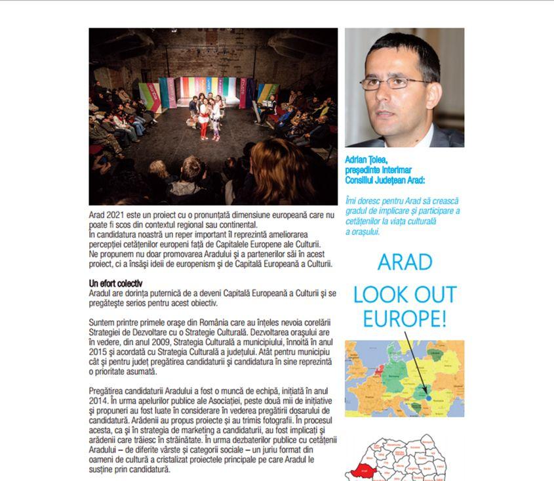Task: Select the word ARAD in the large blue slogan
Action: coord(405,262)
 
